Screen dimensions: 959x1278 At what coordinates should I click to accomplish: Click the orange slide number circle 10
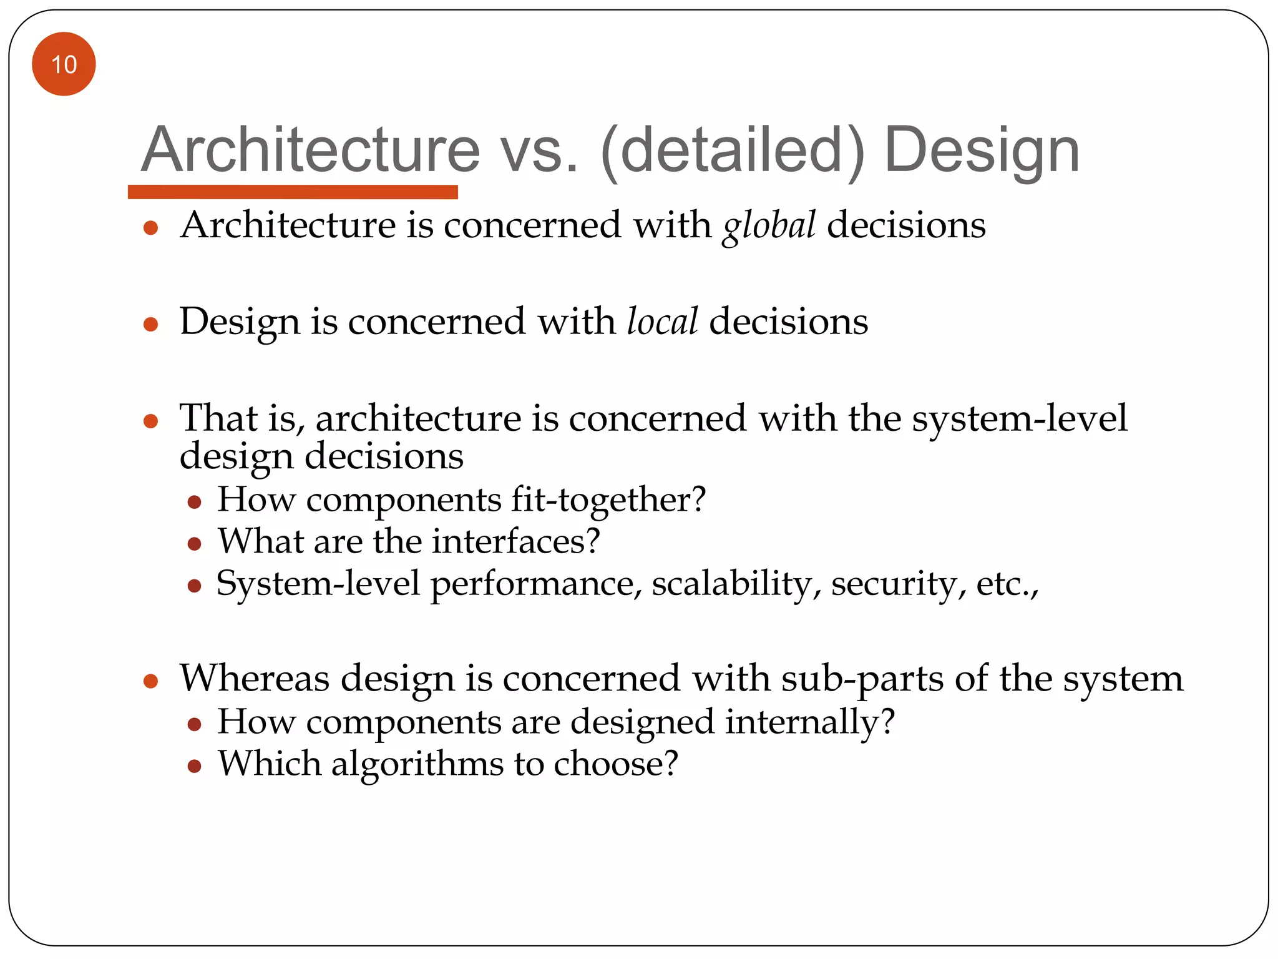point(64,64)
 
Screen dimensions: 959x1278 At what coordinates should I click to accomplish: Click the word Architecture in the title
point(310,150)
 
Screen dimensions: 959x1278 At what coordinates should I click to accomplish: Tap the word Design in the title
point(982,150)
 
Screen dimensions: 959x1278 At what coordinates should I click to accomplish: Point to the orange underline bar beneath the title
point(293,192)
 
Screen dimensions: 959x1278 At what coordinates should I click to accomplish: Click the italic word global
point(769,225)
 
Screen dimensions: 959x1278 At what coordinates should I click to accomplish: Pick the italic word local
point(662,322)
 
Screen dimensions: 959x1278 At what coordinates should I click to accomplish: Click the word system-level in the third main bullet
point(1020,418)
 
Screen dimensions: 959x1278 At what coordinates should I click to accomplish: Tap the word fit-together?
point(608,500)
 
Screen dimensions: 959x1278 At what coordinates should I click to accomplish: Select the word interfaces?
point(516,541)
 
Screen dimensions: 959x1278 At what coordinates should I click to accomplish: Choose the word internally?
point(810,722)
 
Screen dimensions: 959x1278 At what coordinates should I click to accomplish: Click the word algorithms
point(417,764)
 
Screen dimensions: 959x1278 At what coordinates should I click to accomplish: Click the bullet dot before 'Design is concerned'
point(150,324)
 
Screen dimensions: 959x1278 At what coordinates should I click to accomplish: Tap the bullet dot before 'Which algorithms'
point(194,766)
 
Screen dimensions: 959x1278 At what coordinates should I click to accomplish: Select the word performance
point(536,585)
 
